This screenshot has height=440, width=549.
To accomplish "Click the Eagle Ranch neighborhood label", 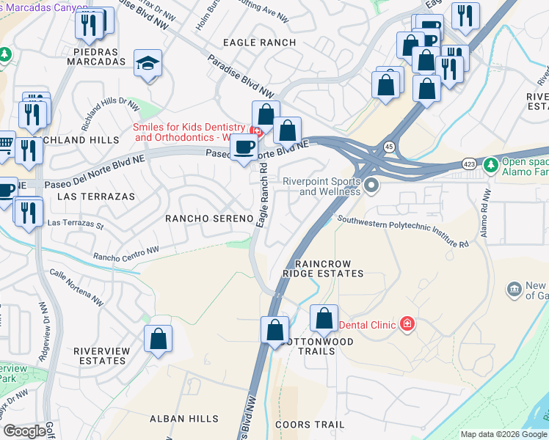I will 259,43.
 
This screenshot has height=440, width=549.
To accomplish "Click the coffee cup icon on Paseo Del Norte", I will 244,148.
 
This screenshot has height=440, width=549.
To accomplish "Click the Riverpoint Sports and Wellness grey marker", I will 371,186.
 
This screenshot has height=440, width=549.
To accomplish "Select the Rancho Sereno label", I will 209,219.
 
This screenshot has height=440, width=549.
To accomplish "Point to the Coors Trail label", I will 309,425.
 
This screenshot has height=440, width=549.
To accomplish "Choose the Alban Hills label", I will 183,419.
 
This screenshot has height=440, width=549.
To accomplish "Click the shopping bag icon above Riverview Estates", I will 158,340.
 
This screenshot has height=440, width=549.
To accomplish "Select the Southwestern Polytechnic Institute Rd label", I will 402,231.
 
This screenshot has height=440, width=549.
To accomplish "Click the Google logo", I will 24,431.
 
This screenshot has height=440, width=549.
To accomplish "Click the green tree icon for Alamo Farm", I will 490,165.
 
